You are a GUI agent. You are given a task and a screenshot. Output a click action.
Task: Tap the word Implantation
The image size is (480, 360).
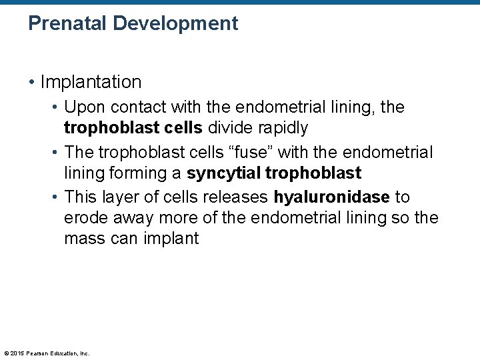tap(91, 83)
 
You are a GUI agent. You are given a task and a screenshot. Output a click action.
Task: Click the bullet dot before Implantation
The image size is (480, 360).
tap(32, 83)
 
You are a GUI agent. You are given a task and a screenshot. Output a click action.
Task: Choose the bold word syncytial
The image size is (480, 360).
tap(223, 174)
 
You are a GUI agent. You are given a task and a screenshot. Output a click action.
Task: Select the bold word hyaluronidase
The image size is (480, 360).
tap(331, 198)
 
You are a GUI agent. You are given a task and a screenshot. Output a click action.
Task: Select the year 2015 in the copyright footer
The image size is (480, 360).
tap(17, 353)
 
